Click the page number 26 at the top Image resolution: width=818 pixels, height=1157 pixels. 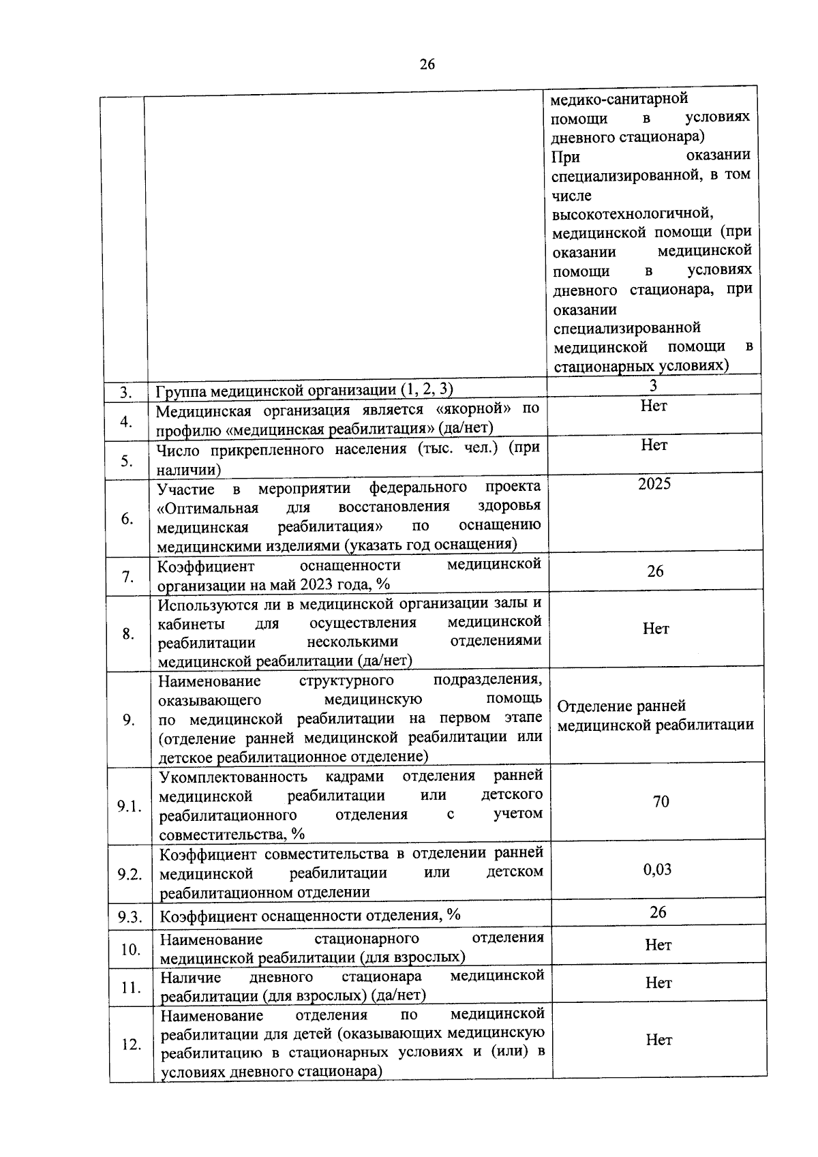(427, 65)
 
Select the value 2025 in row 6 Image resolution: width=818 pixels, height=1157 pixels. (654, 484)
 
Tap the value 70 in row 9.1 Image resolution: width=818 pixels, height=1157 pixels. (661, 801)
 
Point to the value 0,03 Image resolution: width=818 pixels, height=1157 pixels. (657, 869)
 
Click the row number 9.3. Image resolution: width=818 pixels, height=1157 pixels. (130, 917)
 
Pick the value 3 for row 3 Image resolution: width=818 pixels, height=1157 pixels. (653, 386)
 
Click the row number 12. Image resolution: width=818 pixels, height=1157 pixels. (130, 1045)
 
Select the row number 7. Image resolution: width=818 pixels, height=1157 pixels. (127, 577)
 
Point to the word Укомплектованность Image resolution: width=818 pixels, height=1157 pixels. (234, 777)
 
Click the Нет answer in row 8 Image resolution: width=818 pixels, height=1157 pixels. (656, 629)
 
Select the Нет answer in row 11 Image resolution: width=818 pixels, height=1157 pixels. (658, 982)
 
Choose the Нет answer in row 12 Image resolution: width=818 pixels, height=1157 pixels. (658, 1040)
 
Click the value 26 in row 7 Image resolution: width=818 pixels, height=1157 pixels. (655, 571)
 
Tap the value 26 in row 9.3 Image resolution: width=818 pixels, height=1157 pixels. (658, 912)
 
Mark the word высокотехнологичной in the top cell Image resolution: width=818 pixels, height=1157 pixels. (633, 213)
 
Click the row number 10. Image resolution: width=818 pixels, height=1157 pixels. (130, 949)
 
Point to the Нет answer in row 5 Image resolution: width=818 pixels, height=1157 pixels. (654, 445)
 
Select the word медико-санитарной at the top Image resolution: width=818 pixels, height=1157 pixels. (619, 100)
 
